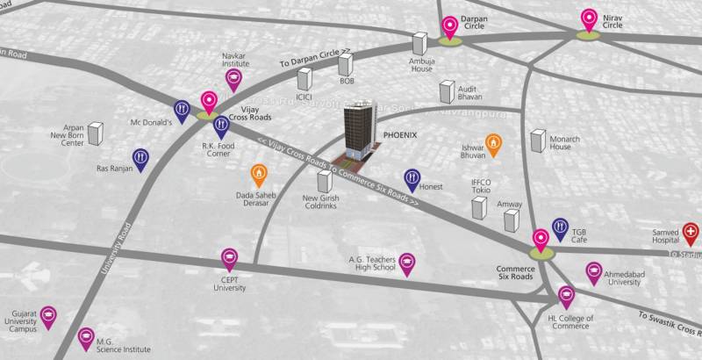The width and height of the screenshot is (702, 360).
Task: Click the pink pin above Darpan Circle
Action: coord(450,26)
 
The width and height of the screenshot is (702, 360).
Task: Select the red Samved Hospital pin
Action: coord(691,233)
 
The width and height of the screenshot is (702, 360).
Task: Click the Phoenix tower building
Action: coord(356,132)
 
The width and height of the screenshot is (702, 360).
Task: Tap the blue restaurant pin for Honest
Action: coord(412,179)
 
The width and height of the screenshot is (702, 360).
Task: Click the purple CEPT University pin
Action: coord(228,259)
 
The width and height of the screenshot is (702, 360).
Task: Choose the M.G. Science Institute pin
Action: coord(86,337)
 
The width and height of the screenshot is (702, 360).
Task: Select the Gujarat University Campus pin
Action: coord(48,316)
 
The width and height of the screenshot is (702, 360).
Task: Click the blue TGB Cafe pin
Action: coord(560,228)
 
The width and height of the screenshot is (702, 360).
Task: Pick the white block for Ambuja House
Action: coord(420,44)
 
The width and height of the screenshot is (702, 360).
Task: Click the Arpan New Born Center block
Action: coord(95,134)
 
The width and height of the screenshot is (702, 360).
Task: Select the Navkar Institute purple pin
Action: coord(233,80)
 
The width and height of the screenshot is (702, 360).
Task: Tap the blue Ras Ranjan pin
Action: coord(140,159)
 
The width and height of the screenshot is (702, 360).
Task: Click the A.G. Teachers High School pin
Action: coord(407,263)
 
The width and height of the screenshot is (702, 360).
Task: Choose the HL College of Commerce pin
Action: coord(567,296)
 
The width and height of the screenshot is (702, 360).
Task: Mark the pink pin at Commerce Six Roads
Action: coord(541,237)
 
